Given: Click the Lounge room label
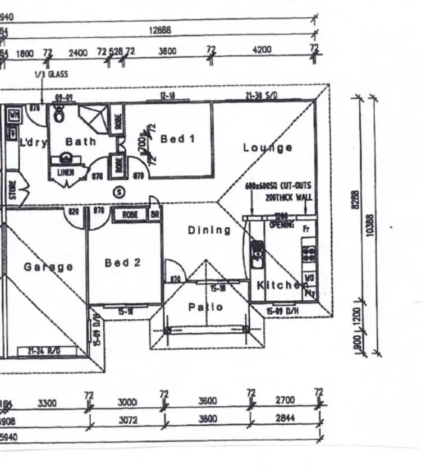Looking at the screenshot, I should click(267, 148).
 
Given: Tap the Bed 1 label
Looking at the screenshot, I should click(177, 139).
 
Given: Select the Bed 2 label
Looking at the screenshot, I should click(122, 263).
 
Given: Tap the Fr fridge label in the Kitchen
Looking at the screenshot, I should click(306, 229).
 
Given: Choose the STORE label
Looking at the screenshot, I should click(12, 189).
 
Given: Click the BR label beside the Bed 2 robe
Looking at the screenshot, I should click(154, 214).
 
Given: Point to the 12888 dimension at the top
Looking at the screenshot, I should click(160, 31).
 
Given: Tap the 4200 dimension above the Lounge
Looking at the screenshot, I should click(262, 50).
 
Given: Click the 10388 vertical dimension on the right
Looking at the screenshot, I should click(369, 224).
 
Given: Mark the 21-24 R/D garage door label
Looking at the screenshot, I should click(47, 351).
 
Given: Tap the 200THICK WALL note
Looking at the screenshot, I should click(289, 197).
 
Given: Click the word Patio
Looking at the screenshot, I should click(205, 307).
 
